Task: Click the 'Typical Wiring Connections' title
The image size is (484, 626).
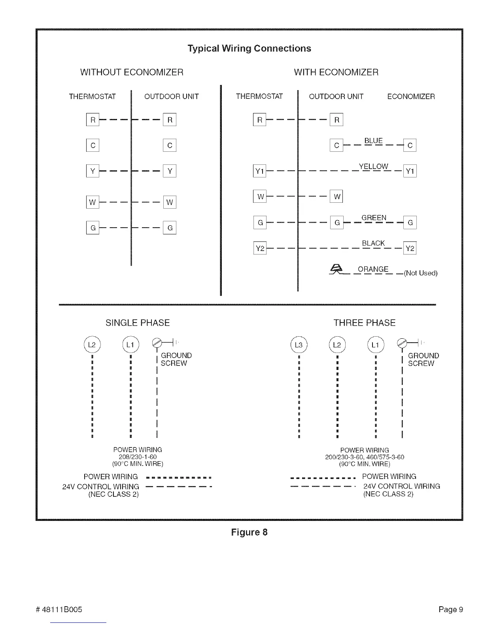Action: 249,49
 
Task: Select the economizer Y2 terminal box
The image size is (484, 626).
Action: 410,248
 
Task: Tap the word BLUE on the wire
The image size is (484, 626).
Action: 373,141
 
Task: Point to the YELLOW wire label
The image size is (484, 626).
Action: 373,166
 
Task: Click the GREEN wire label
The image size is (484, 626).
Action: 374,218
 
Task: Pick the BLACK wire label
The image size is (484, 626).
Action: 373,243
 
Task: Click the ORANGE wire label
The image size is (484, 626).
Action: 373,270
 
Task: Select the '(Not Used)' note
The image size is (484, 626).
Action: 420,273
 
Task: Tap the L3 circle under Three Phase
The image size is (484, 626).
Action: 299,345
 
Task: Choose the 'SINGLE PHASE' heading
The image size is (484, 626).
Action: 138,323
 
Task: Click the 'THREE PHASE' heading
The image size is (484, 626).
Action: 364,323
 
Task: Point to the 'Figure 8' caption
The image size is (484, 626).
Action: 249,532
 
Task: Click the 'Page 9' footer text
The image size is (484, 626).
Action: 450,609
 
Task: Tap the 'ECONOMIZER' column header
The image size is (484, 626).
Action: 411,96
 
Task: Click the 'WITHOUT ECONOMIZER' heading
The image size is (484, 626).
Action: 132,72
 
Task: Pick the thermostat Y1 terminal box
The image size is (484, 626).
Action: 259,171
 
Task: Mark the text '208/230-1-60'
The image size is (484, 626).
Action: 138,457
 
